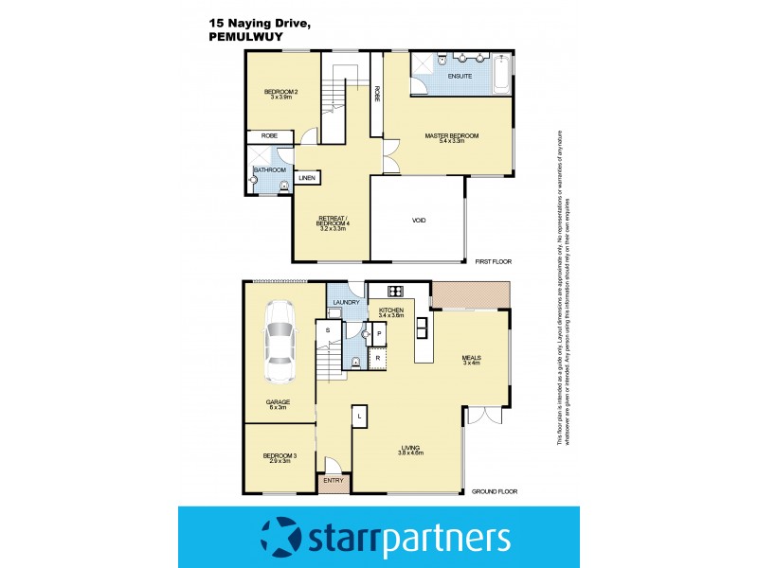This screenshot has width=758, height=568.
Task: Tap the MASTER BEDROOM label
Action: coord(452,135)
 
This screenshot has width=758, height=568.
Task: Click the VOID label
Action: coord(418,221)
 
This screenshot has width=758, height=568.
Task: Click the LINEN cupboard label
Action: coord(307,178)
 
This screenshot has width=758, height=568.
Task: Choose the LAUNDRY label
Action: coord(346,303)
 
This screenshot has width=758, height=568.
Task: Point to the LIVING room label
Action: coord(410,448)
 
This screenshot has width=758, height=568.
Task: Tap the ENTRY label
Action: coord(333,481)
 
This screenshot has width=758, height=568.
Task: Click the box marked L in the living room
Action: coord(359,415)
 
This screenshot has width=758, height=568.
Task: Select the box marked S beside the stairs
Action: coord(328,329)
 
